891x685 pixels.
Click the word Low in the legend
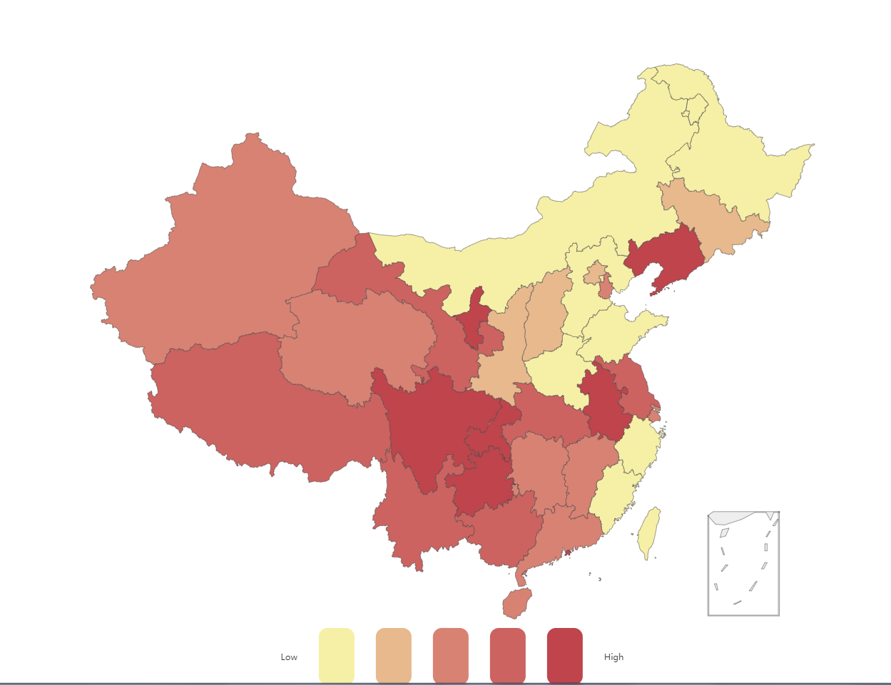point(289,657)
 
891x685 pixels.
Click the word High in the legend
point(613,657)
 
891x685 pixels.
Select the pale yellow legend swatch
point(337,655)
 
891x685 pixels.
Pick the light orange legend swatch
point(394,655)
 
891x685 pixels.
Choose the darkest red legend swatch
point(565,655)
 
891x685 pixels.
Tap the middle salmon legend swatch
point(451,655)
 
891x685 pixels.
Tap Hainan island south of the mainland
point(517,604)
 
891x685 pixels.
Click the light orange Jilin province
point(706,214)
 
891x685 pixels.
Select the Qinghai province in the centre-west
point(357,342)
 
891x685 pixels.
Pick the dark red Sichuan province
point(428,428)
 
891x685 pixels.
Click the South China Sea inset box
point(743,563)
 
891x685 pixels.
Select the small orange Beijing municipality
point(594,274)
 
